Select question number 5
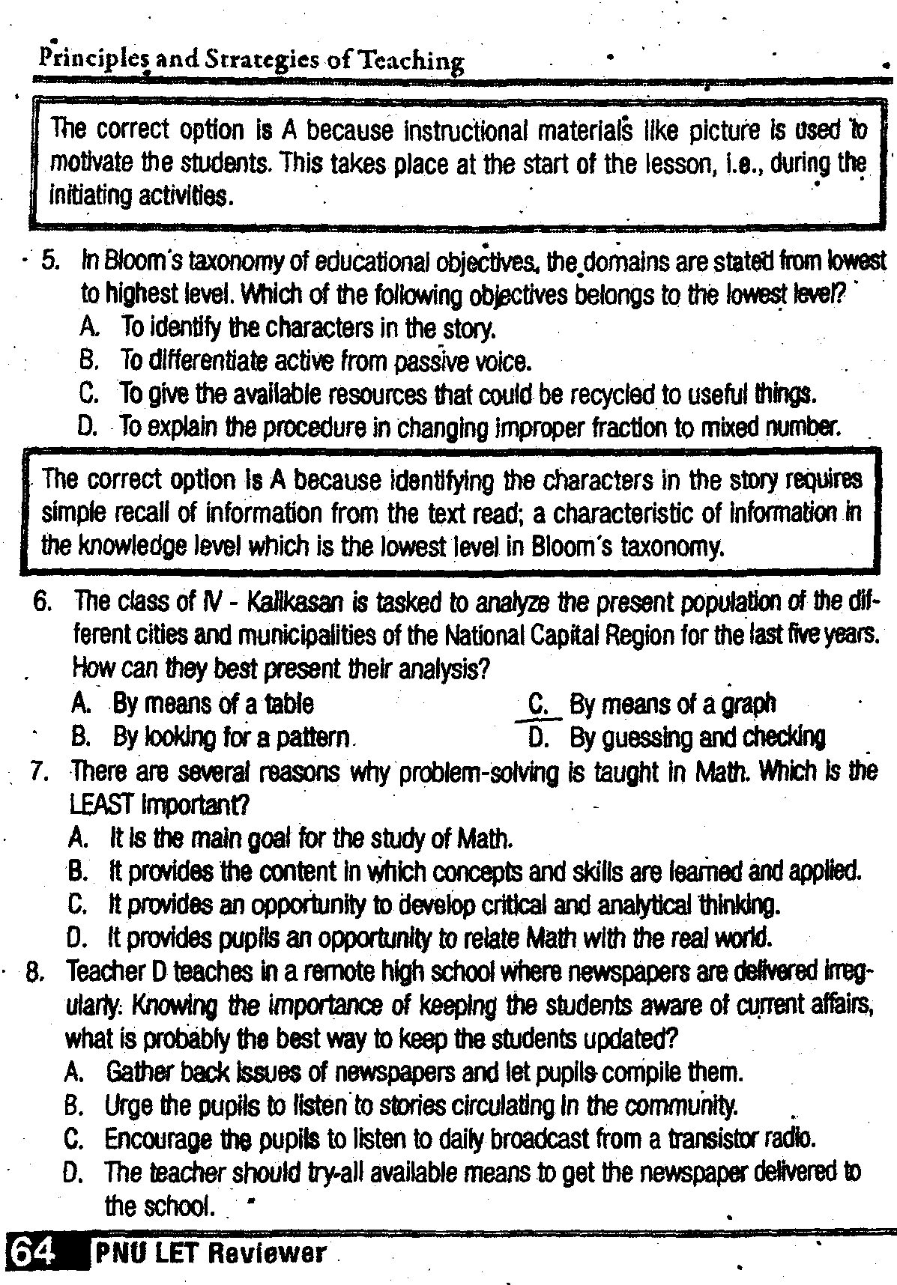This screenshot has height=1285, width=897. pos(50,261)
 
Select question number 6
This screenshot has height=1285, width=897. pos(42,601)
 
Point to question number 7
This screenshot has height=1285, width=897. pos(40,771)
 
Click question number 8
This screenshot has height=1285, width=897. pos(36,972)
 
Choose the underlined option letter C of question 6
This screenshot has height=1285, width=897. pos(537,704)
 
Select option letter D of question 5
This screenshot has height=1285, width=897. pos(88,428)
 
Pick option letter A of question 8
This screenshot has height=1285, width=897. pos(73,1072)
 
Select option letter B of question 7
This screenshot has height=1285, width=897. pos(77,872)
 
